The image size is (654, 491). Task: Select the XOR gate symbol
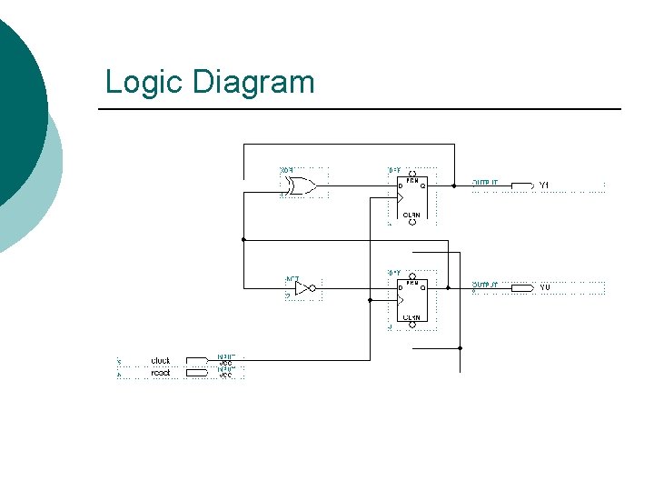click(298, 185)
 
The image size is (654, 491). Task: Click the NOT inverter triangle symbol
click(303, 288)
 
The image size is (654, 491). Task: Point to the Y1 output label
click(544, 185)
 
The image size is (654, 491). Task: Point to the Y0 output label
click(544, 287)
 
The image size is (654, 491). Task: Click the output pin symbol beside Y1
click(522, 185)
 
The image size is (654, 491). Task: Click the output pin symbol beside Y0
click(522, 287)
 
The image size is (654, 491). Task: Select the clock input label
click(161, 361)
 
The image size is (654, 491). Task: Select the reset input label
click(161, 372)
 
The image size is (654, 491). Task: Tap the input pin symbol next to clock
click(197, 361)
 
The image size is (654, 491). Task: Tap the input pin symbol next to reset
click(197, 372)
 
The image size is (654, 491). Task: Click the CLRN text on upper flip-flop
click(411, 215)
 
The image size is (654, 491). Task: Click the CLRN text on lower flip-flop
click(411, 317)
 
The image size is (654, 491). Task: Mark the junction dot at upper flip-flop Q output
click(454, 185)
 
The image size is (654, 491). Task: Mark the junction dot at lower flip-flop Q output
click(448, 287)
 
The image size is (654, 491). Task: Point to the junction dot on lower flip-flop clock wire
click(370, 299)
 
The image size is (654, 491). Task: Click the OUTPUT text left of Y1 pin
click(485, 182)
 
